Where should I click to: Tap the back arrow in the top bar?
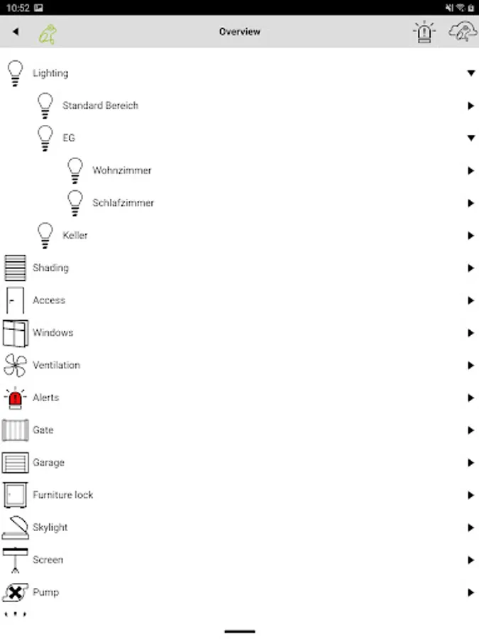[x=16, y=32]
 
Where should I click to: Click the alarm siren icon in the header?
[x=424, y=32]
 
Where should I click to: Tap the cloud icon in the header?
[x=463, y=32]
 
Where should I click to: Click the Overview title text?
[x=240, y=32]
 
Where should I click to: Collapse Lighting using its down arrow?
[x=470, y=73]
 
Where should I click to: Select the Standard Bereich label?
[x=100, y=106]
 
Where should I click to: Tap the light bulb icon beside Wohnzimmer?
[x=75, y=170]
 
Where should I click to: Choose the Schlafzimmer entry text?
[x=123, y=203]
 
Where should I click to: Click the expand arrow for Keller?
[x=470, y=236]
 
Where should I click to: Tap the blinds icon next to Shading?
[x=15, y=268]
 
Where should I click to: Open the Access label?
[x=49, y=300]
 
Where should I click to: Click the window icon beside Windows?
[x=15, y=333]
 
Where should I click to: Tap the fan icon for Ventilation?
[x=15, y=365]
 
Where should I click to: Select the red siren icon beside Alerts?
[x=15, y=398]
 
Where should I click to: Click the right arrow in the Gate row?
[x=470, y=430]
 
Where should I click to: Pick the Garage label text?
[x=48, y=463]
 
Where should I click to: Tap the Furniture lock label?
[x=62, y=495]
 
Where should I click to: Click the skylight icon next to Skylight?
[x=15, y=528]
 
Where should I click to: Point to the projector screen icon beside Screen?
[x=15, y=560]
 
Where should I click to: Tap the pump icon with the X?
[x=15, y=592]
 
